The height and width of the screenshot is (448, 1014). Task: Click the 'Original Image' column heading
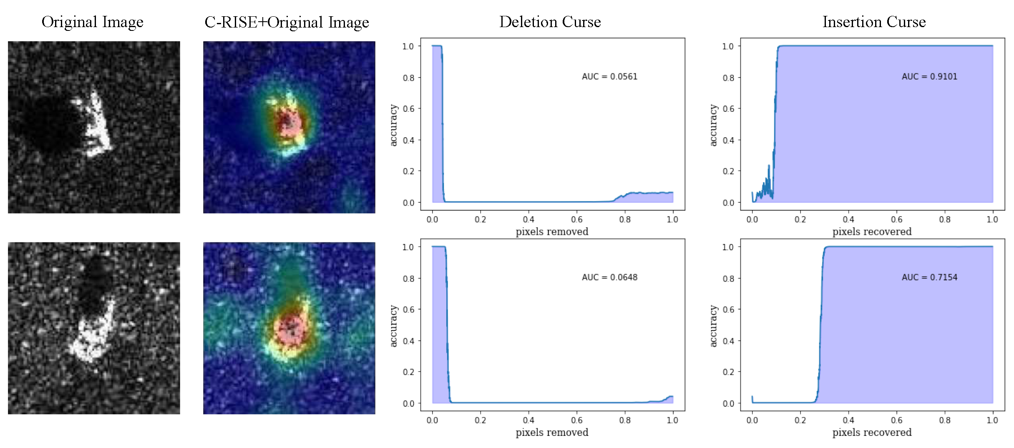92,22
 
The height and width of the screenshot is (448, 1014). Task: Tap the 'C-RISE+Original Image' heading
287,22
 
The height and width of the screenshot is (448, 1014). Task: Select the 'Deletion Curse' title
550,22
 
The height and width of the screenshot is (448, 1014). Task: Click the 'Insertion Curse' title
874,22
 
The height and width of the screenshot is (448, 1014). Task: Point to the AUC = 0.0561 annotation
609,77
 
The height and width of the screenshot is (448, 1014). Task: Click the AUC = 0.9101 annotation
929,77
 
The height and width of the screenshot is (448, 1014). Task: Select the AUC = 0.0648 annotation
609,277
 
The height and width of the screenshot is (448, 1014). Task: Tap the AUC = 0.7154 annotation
929,277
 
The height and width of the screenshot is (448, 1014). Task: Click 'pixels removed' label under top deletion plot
552,232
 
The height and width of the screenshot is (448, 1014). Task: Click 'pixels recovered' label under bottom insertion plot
872,433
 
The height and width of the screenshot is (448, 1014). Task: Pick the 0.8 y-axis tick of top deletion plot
408,78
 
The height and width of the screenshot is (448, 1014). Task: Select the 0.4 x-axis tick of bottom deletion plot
528,420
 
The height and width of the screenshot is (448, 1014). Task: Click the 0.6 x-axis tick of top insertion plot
896,219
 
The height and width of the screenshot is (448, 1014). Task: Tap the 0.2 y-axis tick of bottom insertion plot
728,372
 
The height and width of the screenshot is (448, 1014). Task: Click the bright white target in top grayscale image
97,125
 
